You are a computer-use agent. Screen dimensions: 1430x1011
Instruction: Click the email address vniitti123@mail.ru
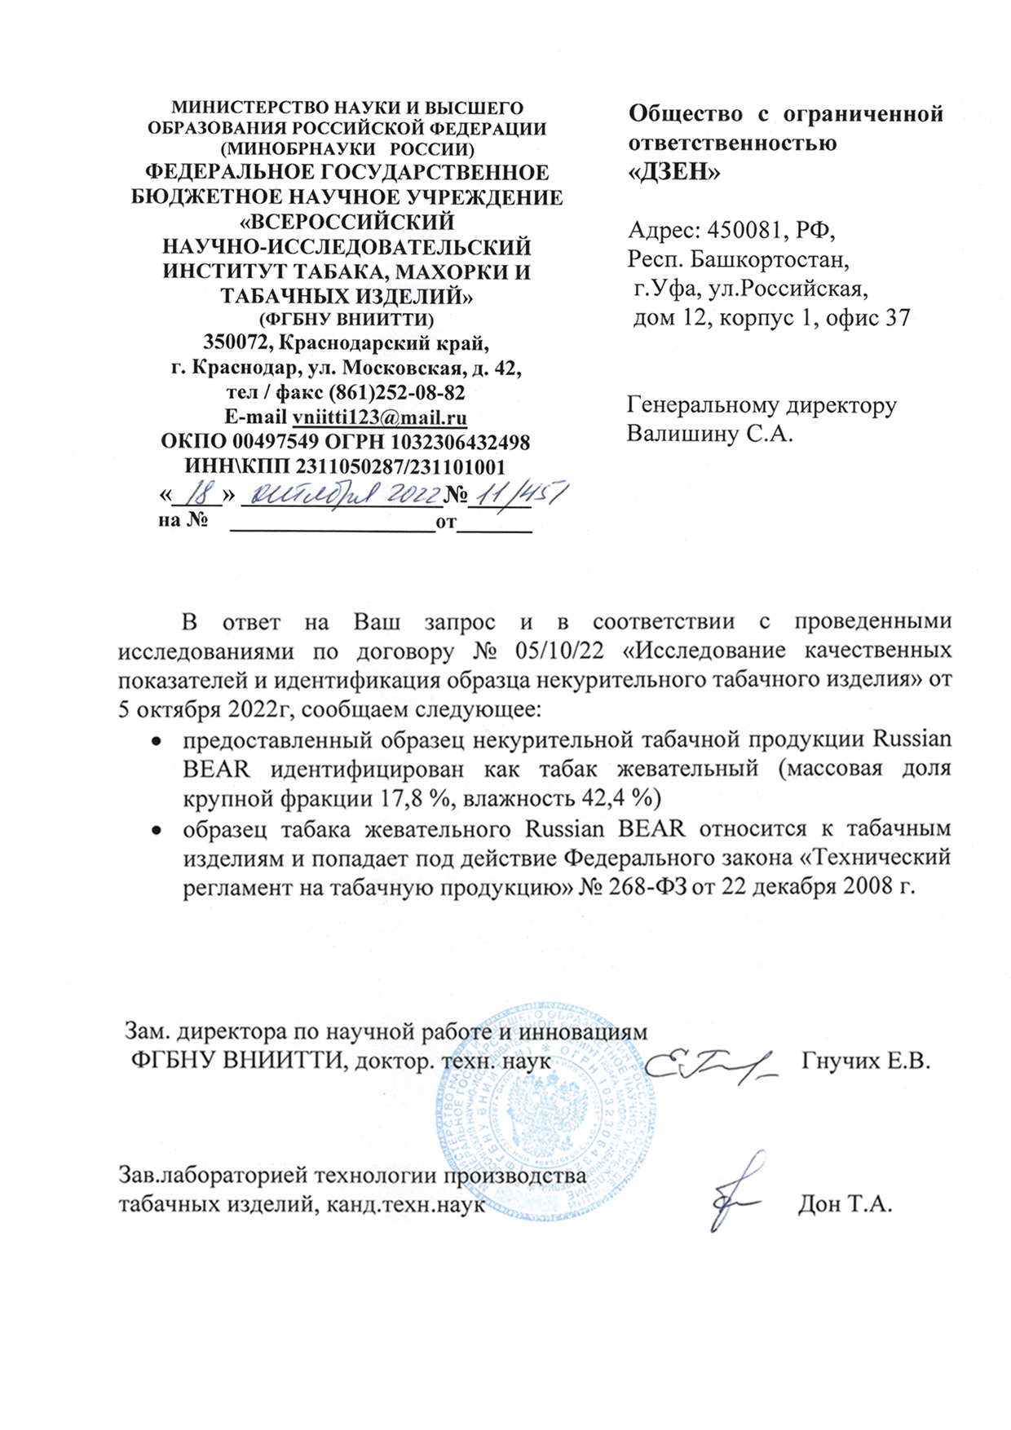click(x=379, y=417)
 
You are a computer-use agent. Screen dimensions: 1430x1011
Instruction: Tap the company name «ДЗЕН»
click(x=675, y=172)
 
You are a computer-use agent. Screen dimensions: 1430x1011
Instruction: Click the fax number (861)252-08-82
click(x=396, y=393)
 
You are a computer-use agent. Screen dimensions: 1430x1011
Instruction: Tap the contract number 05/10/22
click(x=562, y=651)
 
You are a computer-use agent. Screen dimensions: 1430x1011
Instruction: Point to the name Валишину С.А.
click(x=709, y=433)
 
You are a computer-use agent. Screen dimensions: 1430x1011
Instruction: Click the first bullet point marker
click(x=154, y=740)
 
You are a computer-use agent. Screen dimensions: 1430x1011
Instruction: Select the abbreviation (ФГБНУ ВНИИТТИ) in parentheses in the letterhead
click(x=346, y=318)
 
